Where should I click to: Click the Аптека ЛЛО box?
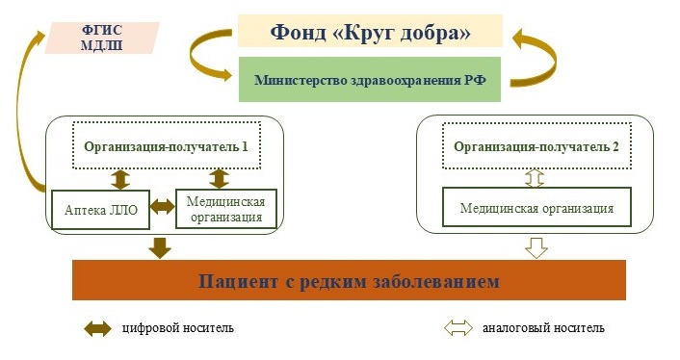[100, 208]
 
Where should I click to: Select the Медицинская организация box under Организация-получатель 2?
[536, 208]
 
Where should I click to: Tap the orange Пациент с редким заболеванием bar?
[349, 281]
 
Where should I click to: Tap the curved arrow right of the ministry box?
[528, 60]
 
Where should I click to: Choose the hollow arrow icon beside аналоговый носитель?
[460, 328]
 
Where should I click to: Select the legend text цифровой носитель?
[177, 328]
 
